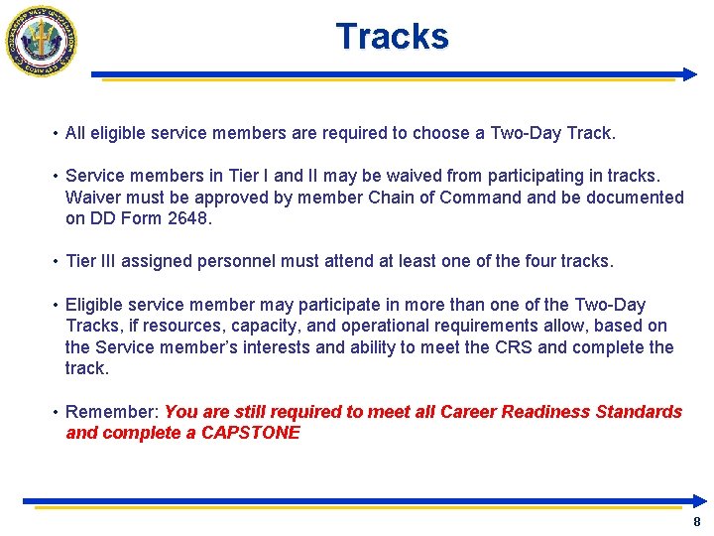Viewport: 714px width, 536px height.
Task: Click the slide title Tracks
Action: [392, 37]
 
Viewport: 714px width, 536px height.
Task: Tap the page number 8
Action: [697, 522]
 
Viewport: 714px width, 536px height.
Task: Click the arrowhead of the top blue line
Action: [690, 73]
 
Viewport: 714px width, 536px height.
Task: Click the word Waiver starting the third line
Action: [93, 198]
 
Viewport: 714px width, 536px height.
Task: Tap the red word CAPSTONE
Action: [250, 433]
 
